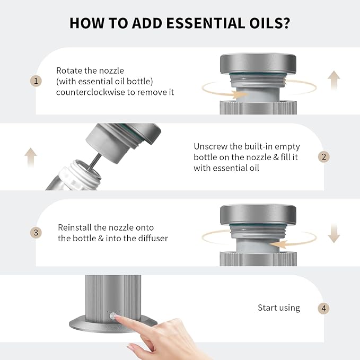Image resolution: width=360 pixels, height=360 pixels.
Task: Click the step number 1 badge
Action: click(36, 81)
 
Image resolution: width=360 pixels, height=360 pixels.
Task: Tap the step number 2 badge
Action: click(324, 157)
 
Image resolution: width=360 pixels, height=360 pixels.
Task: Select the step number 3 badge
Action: click(36, 233)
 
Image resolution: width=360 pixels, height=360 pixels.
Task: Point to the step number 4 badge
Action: click(324, 308)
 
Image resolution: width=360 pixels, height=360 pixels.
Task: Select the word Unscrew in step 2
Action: click(210, 146)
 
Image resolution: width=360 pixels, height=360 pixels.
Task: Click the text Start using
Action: click(279, 308)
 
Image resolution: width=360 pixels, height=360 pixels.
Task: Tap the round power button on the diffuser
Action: click(113, 316)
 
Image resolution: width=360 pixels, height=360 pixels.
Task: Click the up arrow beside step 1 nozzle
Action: click(334, 80)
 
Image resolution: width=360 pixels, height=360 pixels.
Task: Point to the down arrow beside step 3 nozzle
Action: click(334, 233)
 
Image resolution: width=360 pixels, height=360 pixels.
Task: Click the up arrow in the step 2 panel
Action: click(31, 157)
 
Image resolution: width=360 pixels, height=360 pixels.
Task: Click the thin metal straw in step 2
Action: click(94, 161)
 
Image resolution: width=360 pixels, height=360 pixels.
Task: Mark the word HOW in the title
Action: click(86, 23)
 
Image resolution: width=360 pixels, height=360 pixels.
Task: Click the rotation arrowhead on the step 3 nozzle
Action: click(279, 244)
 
